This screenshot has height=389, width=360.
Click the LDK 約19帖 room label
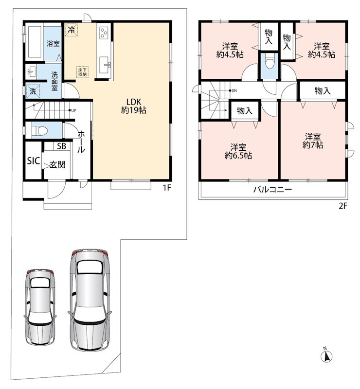point(134,106)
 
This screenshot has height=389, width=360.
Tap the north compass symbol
point(327,356)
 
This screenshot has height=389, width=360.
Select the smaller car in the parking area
point(40,307)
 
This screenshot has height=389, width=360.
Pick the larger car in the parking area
point(90,300)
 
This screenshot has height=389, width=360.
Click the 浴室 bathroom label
point(53,44)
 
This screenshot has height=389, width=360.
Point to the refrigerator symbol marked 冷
point(72,30)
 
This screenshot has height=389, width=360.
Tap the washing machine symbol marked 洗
point(33,91)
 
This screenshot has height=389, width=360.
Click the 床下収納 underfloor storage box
point(82,72)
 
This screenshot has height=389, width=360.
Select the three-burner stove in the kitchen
point(104,32)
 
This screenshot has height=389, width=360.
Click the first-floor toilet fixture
point(40,130)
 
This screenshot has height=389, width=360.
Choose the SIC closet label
point(33,161)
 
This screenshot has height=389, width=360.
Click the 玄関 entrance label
point(57,164)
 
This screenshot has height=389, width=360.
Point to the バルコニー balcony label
point(272,190)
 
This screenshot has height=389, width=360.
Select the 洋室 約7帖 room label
point(313,141)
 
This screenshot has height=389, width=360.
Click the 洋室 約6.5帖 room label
point(238,151)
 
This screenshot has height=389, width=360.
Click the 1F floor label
point(167,188)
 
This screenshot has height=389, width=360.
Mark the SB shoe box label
point(62,146)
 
